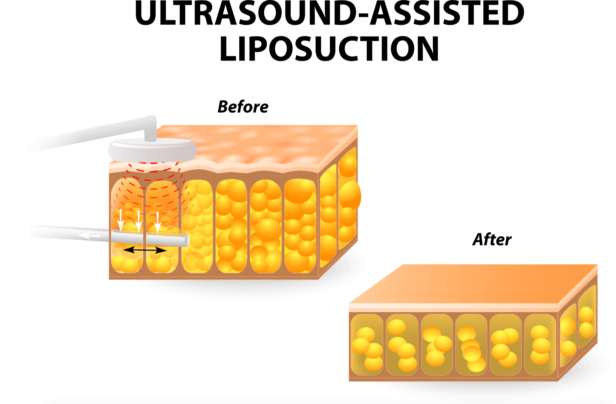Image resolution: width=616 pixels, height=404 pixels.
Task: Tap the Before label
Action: pos(243,107)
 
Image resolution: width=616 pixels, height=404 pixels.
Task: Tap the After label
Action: pos(492,240)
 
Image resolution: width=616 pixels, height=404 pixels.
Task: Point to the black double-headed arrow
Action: pos(145,250)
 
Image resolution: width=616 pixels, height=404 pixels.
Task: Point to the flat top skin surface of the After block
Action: pos(471,283)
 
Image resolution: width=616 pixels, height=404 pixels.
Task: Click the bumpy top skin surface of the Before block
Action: pos(260,143)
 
